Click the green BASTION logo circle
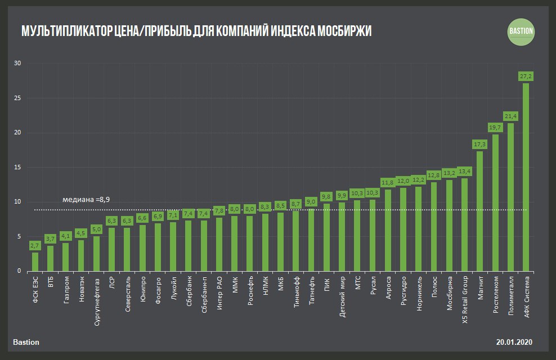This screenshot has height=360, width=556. coord(521,31)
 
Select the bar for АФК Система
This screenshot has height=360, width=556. coord(526,177)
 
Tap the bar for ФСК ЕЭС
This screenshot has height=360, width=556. coord(35,262)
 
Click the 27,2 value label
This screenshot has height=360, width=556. coord(526,75)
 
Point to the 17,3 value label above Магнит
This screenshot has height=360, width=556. coord(479,144)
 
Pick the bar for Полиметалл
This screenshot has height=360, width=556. coord(510,197)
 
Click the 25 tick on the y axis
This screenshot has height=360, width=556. coord(17,98)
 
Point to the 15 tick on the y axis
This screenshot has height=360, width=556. coord(17,167)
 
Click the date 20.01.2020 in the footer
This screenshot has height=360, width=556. coord(514,342)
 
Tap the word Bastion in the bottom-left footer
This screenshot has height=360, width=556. coord(26,342)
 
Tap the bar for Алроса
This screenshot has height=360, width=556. coord(388,230)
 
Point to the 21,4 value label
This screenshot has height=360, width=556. coord(510,115)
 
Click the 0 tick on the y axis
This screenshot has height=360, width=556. coord(19,271)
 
